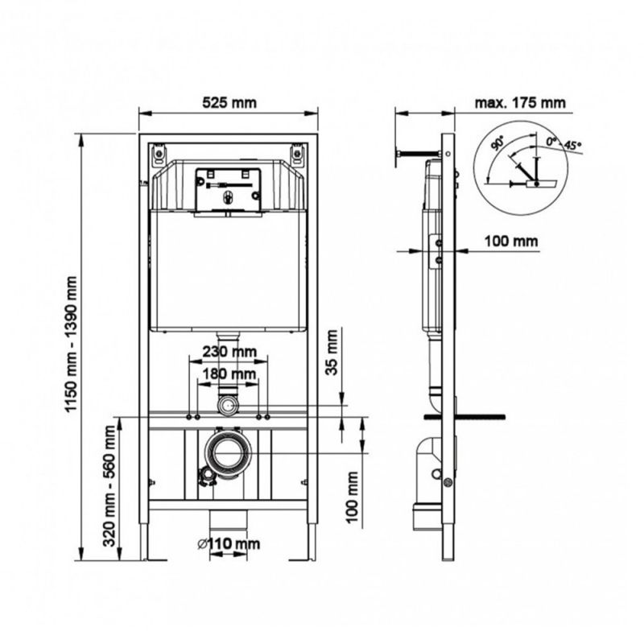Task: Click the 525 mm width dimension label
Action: click(229, 103)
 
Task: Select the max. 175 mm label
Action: click(520, 103)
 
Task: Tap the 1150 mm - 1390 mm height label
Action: click(71, 344)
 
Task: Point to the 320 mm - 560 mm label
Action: click(109, 485)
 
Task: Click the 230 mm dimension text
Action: click(229, 352)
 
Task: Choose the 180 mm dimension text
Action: click(229, 374)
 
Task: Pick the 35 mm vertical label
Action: click(332, 352)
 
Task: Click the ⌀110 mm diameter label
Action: click(229, 544)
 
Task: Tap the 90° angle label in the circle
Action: click(498, 144)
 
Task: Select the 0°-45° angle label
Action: click(563, 144)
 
